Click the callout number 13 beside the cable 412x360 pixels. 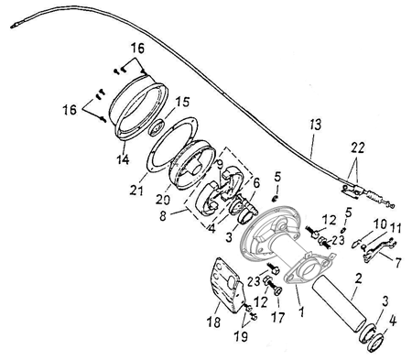(x=316, y=125)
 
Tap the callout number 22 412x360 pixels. (x=357, y=148)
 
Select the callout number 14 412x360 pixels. (x=123, y=158)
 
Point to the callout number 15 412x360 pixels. (x=182, y=102)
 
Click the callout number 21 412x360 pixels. (x=136, y=191)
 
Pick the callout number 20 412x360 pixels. (x=163, y=200)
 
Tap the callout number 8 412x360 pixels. (x=163, y=216)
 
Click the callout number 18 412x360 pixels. (x=213, y=322)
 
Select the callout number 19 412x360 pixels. (x=241, y=336)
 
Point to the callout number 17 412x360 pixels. (x=277, y=317)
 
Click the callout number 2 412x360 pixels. (x=358, y=278)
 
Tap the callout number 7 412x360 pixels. (x=397, y=263)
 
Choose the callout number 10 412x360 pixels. (x=380, y=224)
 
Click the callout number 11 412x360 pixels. (x=395, y=228)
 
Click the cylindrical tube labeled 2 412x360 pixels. (x=339, y=303)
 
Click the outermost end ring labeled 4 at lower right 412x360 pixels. (x=375, y=344)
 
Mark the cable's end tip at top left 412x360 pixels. (x=12, y=27)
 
